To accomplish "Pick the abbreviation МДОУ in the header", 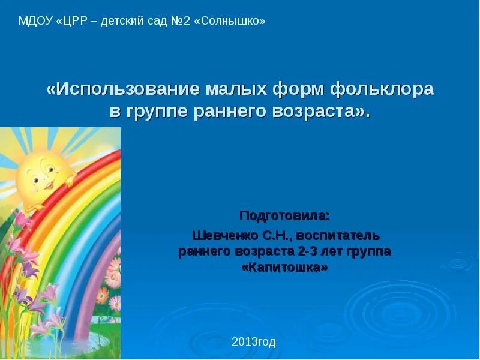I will coord(35,21).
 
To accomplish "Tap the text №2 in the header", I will coord(181,21).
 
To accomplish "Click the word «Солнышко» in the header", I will coord(230,21).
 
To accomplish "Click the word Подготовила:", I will coord(284,215).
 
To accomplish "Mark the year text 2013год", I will coord(254,342).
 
